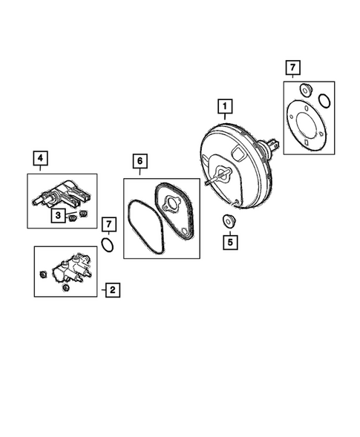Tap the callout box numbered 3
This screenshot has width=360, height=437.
click(x=57, y=216)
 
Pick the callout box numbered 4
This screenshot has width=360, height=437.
click(x=40, y=159)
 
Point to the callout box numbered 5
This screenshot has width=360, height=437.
click(x=229, y=241)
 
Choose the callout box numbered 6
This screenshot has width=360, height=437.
click(x=139, y=160)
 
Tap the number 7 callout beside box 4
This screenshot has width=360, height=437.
click(x=108, y=224)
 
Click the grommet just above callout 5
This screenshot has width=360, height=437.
click(x=229, y=220)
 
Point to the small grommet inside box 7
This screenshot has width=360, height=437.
click(x=303, y=91)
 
